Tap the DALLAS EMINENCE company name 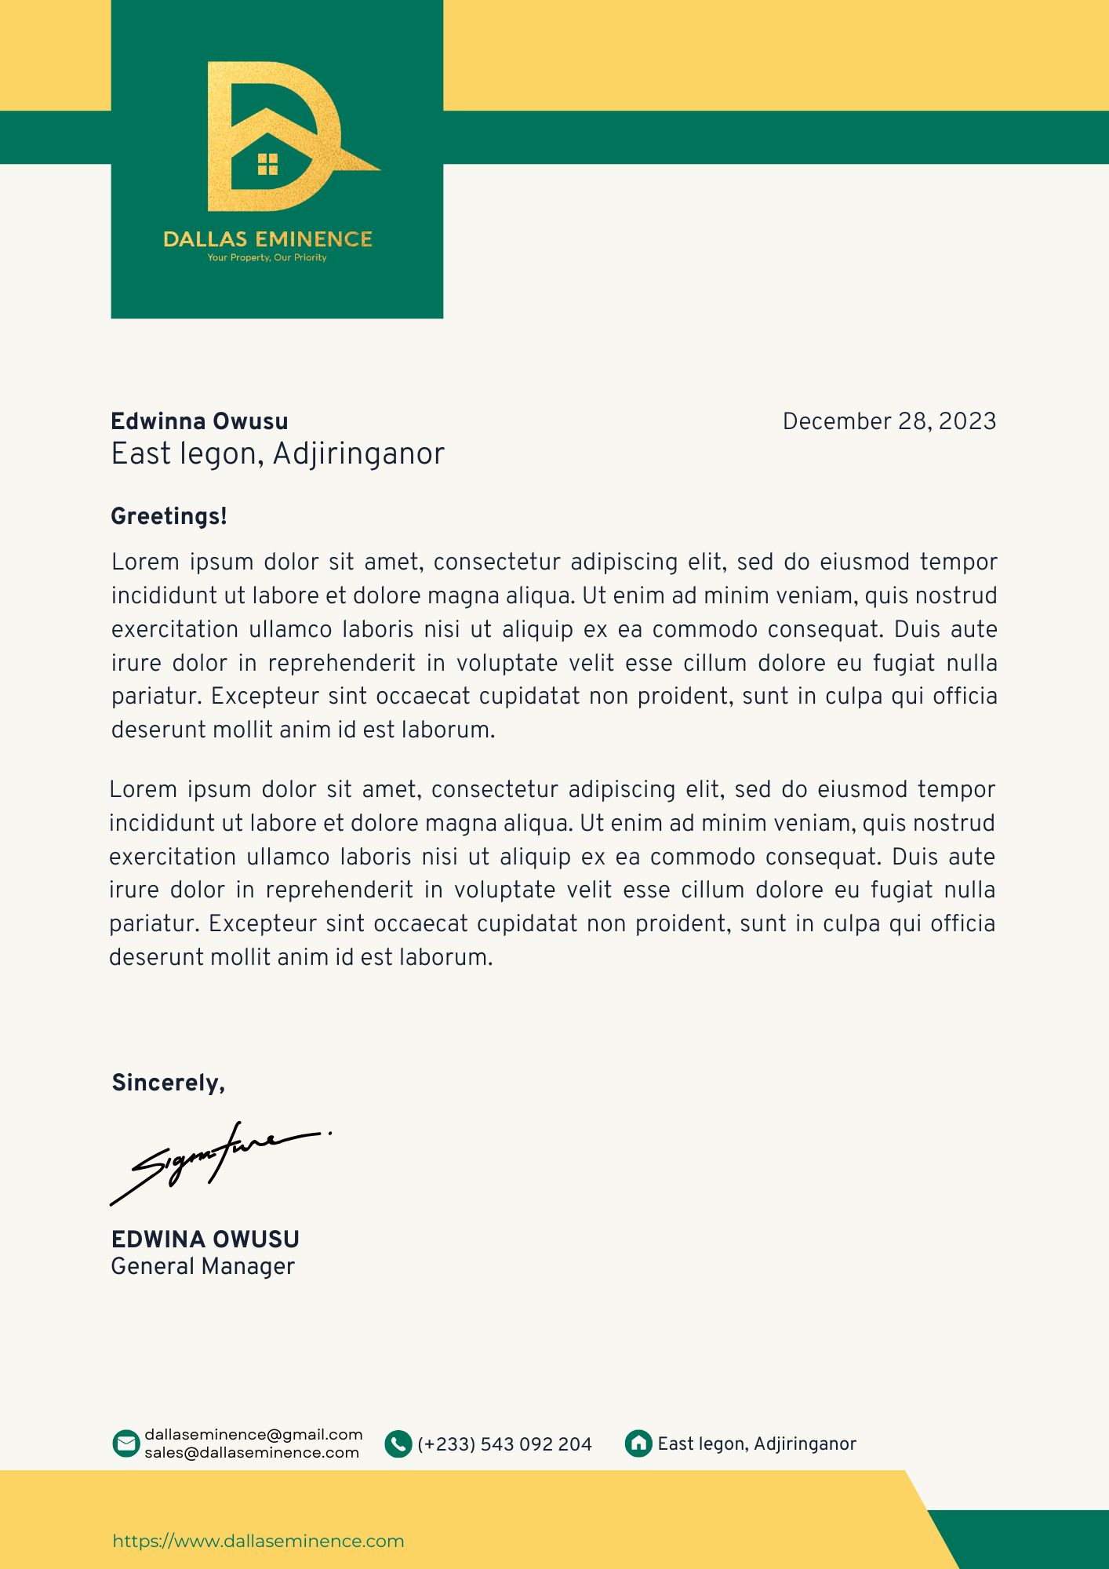click(x=267, y=239)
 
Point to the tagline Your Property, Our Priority click(x=267, y=257)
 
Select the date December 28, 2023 click(x=889, y=421)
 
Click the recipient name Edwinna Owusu click(x=199, y=421)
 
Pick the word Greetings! click(x=169, y=516)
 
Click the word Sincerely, click(x=169, y=1083)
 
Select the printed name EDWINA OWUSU click(x=205, y=1239)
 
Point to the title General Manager click(x=202, y=1266)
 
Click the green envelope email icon click(x=125, y=1443)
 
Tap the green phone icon click(x=398, y=1443)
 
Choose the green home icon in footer click(x=638, y=1443)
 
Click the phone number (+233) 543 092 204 click(x=504, y=1444)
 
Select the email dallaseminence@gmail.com click(x=253, y=1435)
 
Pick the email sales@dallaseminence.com click(x=252, y=1453)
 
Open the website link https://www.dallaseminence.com click(x=258, y=1541)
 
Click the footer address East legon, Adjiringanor click(x=757, y=1443)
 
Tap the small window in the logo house click(x=267, y=164)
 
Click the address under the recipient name click(x=278, y=453)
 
